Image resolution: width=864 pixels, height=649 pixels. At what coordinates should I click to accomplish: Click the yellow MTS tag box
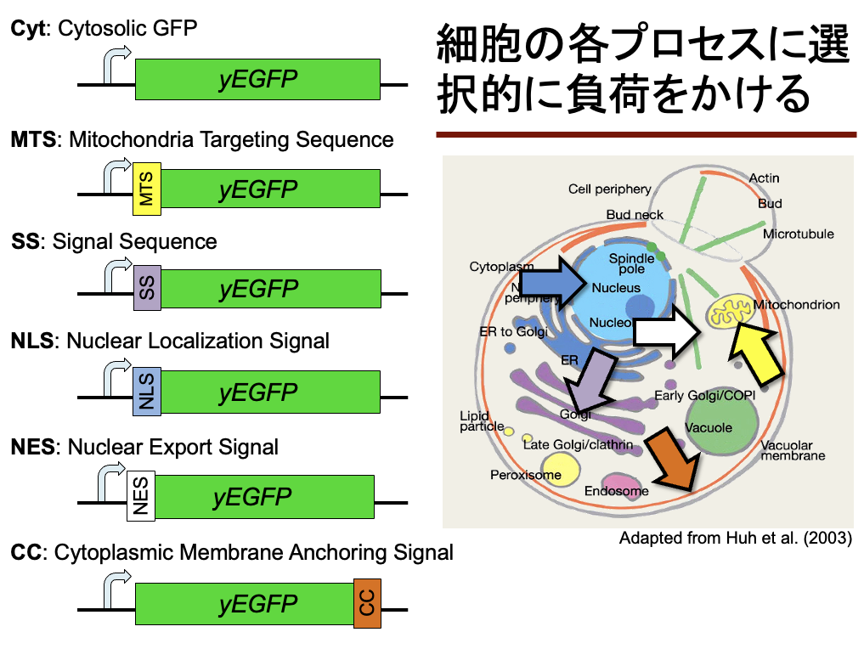coord(147,189)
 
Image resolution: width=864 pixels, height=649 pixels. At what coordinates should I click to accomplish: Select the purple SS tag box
coord(147,287)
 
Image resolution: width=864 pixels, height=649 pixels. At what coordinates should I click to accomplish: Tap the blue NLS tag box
coord(147,392)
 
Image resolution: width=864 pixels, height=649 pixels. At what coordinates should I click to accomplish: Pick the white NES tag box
coord(140,496)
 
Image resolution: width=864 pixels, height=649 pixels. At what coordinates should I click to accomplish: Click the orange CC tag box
coord(367,604)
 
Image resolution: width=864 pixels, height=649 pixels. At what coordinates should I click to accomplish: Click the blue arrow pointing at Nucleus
coord(547,283)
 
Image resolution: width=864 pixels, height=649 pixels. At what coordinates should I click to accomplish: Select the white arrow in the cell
coord(668,332)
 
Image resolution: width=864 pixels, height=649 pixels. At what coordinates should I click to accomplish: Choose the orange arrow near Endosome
coord(672,460)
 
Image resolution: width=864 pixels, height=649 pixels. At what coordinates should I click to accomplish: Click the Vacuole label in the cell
coord(708,427)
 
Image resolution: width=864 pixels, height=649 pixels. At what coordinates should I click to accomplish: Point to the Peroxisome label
coord(525,475)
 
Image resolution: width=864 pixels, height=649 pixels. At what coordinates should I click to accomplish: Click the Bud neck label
coord(635,215)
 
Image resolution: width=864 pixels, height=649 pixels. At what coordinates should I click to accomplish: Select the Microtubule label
coord(798,234)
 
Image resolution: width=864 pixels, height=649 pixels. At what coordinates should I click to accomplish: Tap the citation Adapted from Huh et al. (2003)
coord(735,539)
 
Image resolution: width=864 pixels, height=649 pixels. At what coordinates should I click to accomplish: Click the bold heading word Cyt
coord(27,28)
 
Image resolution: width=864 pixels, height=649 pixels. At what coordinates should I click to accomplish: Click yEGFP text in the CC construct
coord(258,604)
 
